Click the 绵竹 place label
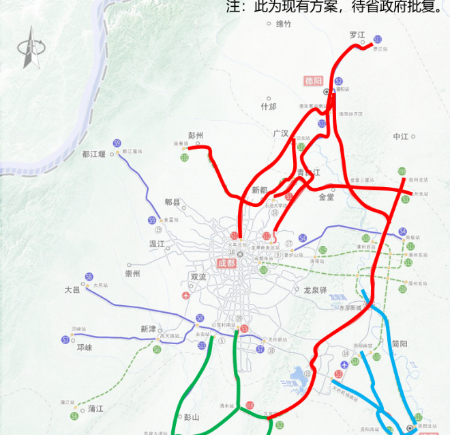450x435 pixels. (283, 24)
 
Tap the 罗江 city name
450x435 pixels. (357, 35)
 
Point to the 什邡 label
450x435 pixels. (269, 107)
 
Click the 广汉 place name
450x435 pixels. (281, 133)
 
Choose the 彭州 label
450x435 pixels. (196, 136)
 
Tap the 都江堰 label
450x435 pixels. (94, 154)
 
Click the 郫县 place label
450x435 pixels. (173, 203)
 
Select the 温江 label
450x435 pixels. (157, 244)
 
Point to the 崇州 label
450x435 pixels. (132, 274)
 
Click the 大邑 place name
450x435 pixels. (72, 290)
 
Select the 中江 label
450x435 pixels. (400, 137)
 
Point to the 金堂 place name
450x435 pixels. (327, 197)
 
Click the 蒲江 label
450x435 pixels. (95, 408)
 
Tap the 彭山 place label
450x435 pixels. (191, 417)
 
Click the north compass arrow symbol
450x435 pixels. (29, 47)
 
